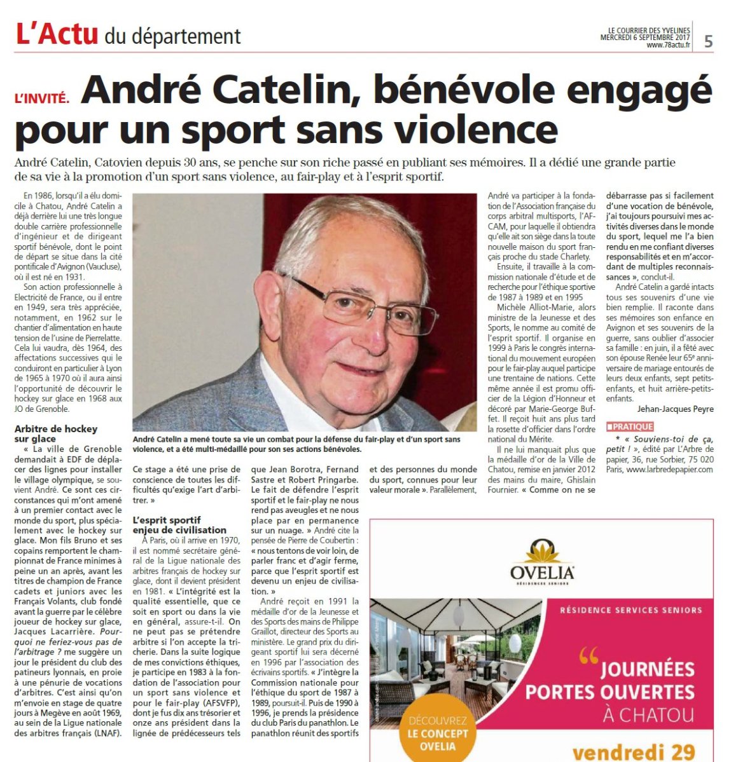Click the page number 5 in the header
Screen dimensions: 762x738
coord(708,42)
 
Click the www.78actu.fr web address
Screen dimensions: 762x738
coord(668,45)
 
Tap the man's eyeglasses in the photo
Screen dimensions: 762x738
coord(347,303)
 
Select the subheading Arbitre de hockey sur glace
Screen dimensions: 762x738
coord(56,433)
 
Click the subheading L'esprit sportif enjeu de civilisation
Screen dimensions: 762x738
coord(179,525)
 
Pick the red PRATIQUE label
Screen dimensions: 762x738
coord(630,426)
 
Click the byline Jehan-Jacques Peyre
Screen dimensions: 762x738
coord(675,409)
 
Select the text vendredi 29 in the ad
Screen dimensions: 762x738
coord(633,752)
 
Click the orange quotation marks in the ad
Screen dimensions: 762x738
coord(588,655)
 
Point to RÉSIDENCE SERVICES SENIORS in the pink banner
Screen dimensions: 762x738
coord(630,610)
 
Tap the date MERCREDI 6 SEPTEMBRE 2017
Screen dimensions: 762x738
coord(645,37)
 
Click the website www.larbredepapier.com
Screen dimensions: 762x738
coord(669,470)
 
